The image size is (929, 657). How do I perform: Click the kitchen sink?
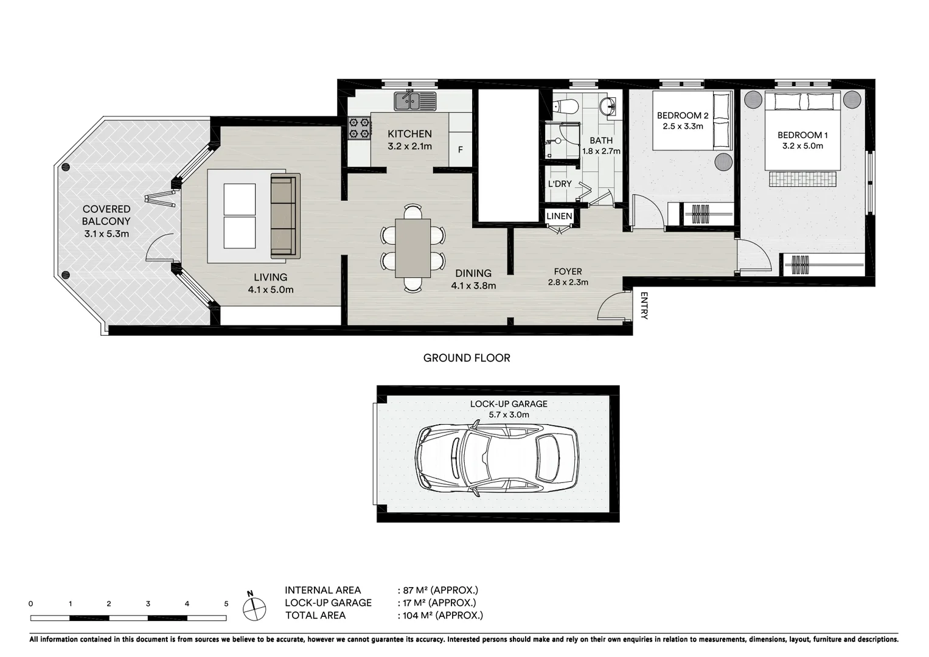click(415, 100)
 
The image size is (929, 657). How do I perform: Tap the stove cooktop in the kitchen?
click(359, 128)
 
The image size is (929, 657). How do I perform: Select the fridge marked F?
click(460, 150)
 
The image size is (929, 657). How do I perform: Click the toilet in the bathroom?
click(568, 106)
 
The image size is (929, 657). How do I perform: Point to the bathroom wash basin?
click(607, 106)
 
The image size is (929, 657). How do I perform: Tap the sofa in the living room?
click(285, 215)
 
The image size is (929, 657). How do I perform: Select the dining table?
click(412, 248)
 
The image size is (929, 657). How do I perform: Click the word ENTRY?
click(644, 305)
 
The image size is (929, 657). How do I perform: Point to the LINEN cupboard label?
click(559, 216)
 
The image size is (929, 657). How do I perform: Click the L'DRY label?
click(560, 184)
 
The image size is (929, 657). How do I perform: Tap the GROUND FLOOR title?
click(467, 358)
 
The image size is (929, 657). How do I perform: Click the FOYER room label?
click(568, 272)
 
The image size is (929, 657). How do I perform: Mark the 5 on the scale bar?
click(226, 604)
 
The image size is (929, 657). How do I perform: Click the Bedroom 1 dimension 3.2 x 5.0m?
click(802, 146)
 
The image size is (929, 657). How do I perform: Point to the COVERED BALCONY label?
click(106, 215)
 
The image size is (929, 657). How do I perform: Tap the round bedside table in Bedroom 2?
click(723, 162)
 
